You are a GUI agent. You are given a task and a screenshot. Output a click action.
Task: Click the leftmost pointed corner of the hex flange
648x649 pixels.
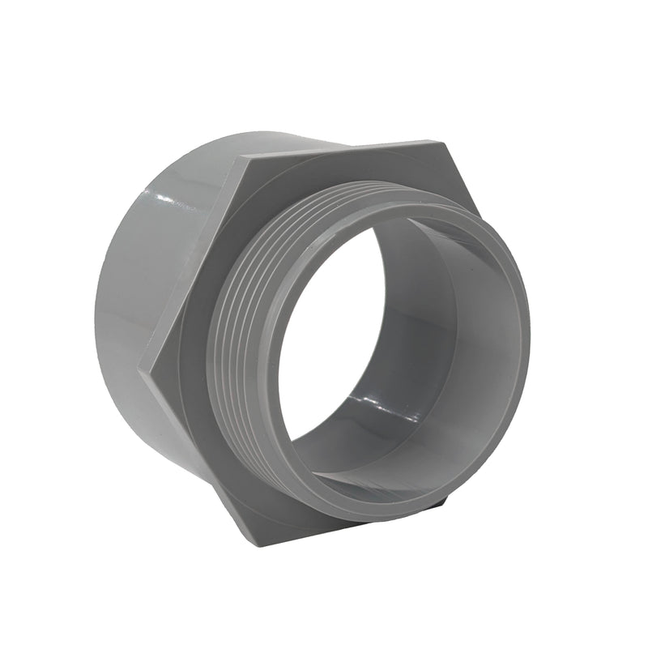(x=140, y=371)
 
